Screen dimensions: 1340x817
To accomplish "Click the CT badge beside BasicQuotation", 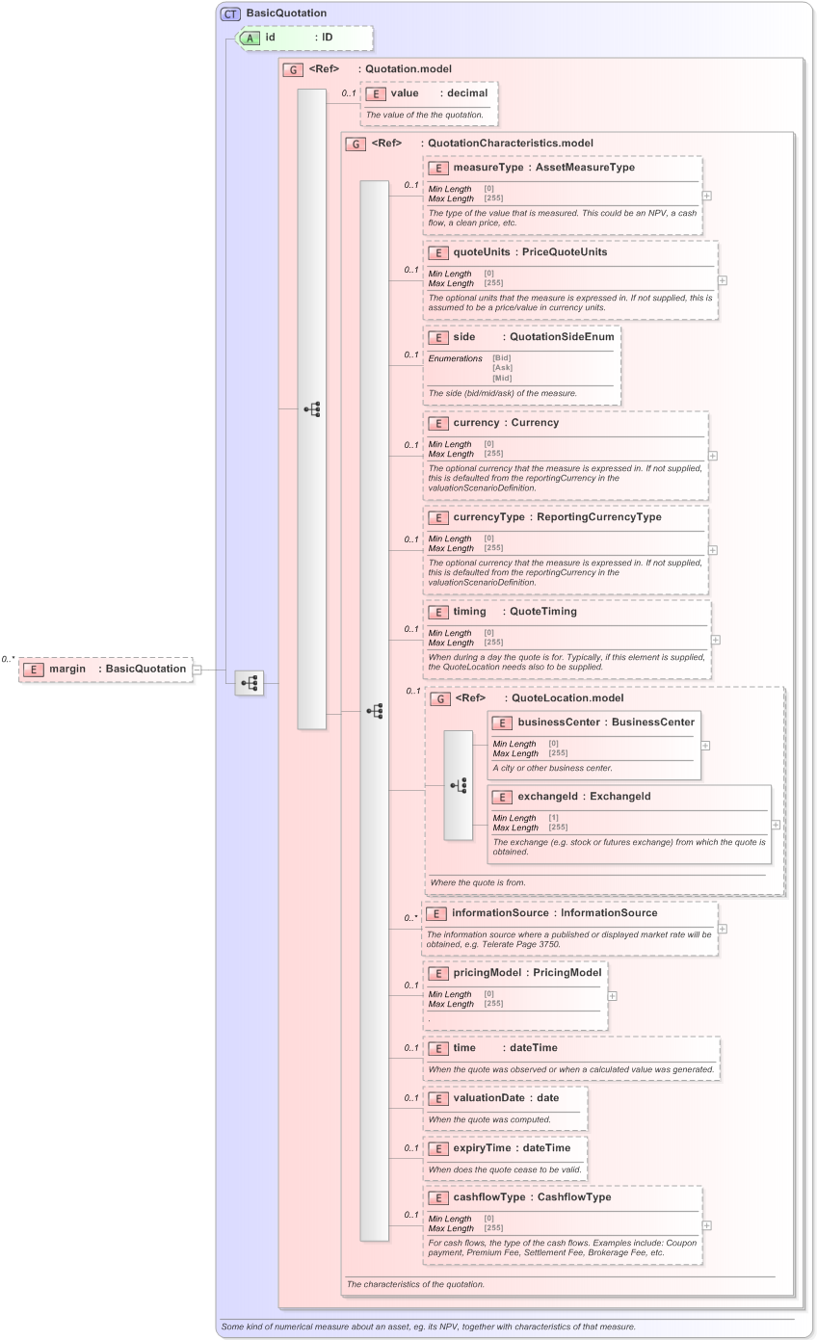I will (231, 13).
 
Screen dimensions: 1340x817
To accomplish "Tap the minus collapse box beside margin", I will (197, 670).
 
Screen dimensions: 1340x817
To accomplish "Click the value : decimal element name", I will (410, 93).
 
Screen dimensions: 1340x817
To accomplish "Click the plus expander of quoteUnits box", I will (723, 280).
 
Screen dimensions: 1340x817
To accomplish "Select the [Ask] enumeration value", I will (501, 367).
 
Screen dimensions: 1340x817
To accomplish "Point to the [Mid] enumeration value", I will (501, 377).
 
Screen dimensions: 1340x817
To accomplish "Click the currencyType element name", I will (489, 517).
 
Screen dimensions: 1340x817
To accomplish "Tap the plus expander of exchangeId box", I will (776, 825).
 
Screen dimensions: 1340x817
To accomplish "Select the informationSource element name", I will (501, 913).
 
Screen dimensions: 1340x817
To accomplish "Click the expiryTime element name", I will (483, 1148).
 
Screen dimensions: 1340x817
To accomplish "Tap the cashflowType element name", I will (491, 1197).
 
